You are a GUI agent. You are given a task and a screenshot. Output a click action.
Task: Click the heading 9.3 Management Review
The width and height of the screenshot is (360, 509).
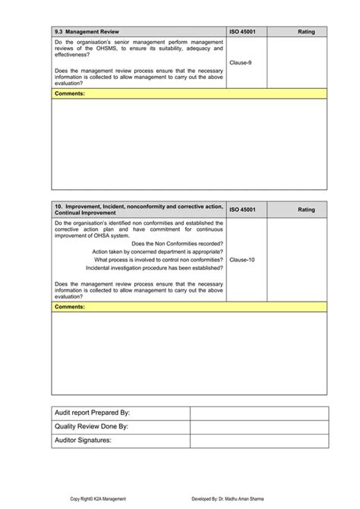(x=87, y=32)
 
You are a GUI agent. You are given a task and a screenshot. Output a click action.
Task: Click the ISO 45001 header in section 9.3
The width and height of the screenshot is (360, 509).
(x=243, y=32)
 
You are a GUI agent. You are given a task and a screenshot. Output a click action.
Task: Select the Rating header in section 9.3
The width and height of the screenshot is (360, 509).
(x=306, y=32)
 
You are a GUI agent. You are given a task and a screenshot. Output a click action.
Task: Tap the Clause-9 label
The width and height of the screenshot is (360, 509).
(x=241, y=62)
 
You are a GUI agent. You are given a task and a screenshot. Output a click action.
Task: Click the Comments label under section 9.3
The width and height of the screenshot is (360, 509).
(x=70, y=93)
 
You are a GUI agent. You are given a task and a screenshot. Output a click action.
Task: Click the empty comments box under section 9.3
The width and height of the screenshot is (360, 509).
(x=189, y=144)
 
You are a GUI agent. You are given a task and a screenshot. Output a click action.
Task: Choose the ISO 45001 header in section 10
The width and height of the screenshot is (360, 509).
(x=243, y=210)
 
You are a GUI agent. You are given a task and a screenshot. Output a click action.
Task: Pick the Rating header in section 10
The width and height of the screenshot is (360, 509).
(x=306, y=210)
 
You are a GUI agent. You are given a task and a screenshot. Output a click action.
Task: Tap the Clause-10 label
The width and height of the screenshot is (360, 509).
(x=242, y=259)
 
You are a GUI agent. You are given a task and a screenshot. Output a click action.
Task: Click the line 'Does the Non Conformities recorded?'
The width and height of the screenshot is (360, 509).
(x=177, y=243)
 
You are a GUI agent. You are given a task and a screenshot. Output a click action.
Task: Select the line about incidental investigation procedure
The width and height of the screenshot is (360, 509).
(x=154, y=267)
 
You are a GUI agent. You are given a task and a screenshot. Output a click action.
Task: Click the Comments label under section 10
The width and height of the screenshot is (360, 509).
(x=70, y=306)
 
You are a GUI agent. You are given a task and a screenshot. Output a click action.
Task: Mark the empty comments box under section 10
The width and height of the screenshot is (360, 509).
(x=189, y=353)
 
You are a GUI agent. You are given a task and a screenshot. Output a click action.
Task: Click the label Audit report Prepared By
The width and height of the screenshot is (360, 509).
(x=93, y=413)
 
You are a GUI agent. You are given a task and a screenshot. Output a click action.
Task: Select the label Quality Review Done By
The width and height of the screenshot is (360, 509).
(x=91, y=426)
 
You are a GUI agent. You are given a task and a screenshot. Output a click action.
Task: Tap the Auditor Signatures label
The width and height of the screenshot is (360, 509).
(x=83, y=440)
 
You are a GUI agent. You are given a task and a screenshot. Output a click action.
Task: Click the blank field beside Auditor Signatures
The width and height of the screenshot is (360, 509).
(x=259, y=440)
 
